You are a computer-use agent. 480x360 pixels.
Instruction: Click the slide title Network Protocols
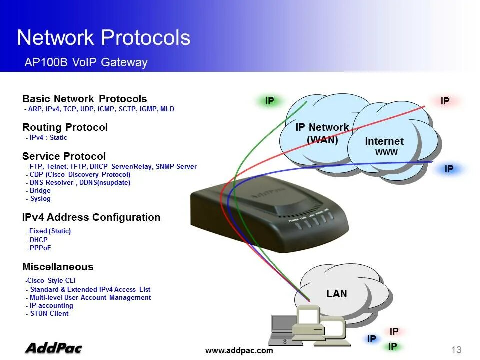[x=103, y=38]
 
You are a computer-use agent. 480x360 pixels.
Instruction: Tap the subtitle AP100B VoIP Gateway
[x=86, y=62]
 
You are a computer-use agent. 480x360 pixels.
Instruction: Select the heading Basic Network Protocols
[x=85, y=99]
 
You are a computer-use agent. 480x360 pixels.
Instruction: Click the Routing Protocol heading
[x=65, y=127]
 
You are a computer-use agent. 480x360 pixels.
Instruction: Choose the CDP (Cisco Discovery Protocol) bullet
[x=80, y=175]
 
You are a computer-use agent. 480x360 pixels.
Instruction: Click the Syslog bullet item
[x=40, y=199]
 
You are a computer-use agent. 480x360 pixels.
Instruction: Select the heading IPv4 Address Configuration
[x=91, y=217]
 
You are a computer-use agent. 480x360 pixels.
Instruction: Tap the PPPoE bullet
[x=40, y=248]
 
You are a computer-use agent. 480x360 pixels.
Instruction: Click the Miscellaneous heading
[x=58, y=267]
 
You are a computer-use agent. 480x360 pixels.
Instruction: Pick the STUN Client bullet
[x=49, y=314]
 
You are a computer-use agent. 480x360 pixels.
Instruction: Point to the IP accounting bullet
[x=51, y=306]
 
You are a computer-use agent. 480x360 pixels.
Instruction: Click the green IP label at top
[x=269, y=101]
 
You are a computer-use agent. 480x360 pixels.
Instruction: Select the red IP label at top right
[x=445, y=101]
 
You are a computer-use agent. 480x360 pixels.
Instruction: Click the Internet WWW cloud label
[x=384, y=146]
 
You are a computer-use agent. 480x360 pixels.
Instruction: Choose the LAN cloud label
[x=337, y=294]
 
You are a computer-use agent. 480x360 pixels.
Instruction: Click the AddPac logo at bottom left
[x=53, y=348]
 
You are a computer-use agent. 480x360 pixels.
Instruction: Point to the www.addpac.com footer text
[x=239, y=351]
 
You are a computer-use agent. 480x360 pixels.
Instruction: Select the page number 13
[x=456, y=350]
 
